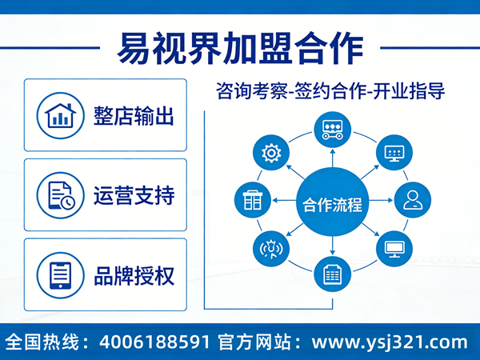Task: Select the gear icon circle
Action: coord(270,152)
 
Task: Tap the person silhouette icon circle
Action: coord(414,199)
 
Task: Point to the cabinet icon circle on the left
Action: coord(250,200)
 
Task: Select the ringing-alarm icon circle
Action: coord(270,249)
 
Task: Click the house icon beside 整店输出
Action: coord(59,115)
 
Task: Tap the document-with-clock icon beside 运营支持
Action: coord(59,195)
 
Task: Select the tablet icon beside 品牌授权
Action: coord(59,274)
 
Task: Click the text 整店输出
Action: coord(134,115)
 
